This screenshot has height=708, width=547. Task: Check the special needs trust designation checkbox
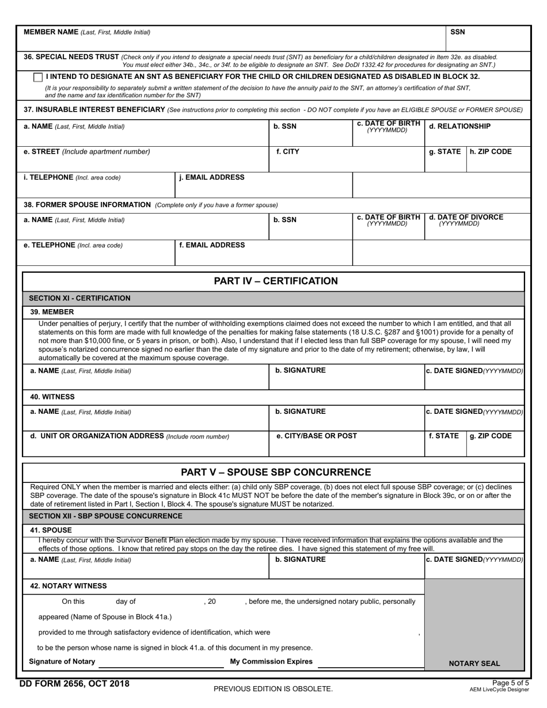point(38,77)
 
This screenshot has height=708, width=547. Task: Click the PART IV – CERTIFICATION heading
point(276,281)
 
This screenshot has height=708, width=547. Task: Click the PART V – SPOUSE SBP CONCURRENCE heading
point(276,473)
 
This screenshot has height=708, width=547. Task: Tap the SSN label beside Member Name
point(458,32)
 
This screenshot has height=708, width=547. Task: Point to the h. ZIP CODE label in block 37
point(491,152)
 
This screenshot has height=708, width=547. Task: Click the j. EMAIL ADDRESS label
point(212,177)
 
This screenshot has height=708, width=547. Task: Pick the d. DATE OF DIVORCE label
point(466,218)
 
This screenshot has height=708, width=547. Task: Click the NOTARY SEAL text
point(474,663)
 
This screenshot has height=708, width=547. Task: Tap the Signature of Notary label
point(62,661)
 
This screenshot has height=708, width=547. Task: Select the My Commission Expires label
point(271,661)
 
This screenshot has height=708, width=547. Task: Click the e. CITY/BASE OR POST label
point(317,436)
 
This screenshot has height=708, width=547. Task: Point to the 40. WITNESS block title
point(52,397)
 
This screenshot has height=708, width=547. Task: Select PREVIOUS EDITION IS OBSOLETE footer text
point(273,688)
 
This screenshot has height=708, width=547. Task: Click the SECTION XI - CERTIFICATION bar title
point(79,298)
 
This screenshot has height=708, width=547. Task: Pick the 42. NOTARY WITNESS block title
point(69,586)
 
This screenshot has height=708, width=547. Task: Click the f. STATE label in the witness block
point(444,436)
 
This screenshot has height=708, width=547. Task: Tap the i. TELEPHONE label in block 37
point(72,177)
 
